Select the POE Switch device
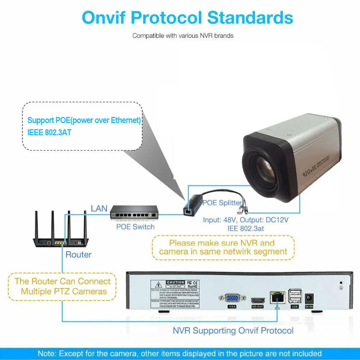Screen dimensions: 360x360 tap(134, 213)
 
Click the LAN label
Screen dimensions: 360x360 tap(99, 208)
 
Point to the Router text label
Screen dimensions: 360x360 tap(78, 255)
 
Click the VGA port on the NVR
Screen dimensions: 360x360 tap(232, 298)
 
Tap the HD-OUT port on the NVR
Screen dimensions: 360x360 tap(257, 300)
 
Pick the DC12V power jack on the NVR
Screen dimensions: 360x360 tap(309, 298)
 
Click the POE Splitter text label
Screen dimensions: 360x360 tap(220, 203)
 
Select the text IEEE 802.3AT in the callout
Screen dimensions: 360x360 tap(49, 132)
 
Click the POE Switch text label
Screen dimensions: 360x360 tap(135, 227)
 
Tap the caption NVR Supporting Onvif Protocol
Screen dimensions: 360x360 tap(233, 330)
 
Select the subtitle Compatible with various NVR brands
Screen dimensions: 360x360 tap(183, 36)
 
